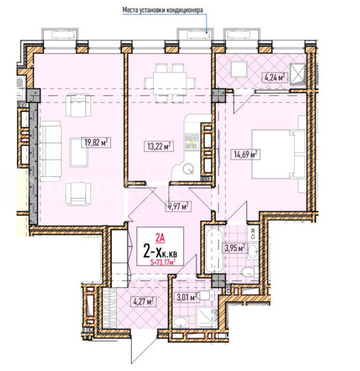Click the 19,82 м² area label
(96, 143)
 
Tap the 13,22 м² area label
(159, 146)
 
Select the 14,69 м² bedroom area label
(246, 154)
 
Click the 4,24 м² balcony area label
(275, 77)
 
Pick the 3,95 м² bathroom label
(235, 248)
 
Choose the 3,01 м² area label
(187, 297)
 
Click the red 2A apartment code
(160, 238)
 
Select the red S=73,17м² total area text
(163, 262)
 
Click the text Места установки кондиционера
(162, 10)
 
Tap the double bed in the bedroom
(279, 154)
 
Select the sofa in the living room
(50, 151)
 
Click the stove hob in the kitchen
(192, 142)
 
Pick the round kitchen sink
(188, 169)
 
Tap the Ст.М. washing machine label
(253, 233)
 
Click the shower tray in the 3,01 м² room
(206, 317)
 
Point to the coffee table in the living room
(79, 152)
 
